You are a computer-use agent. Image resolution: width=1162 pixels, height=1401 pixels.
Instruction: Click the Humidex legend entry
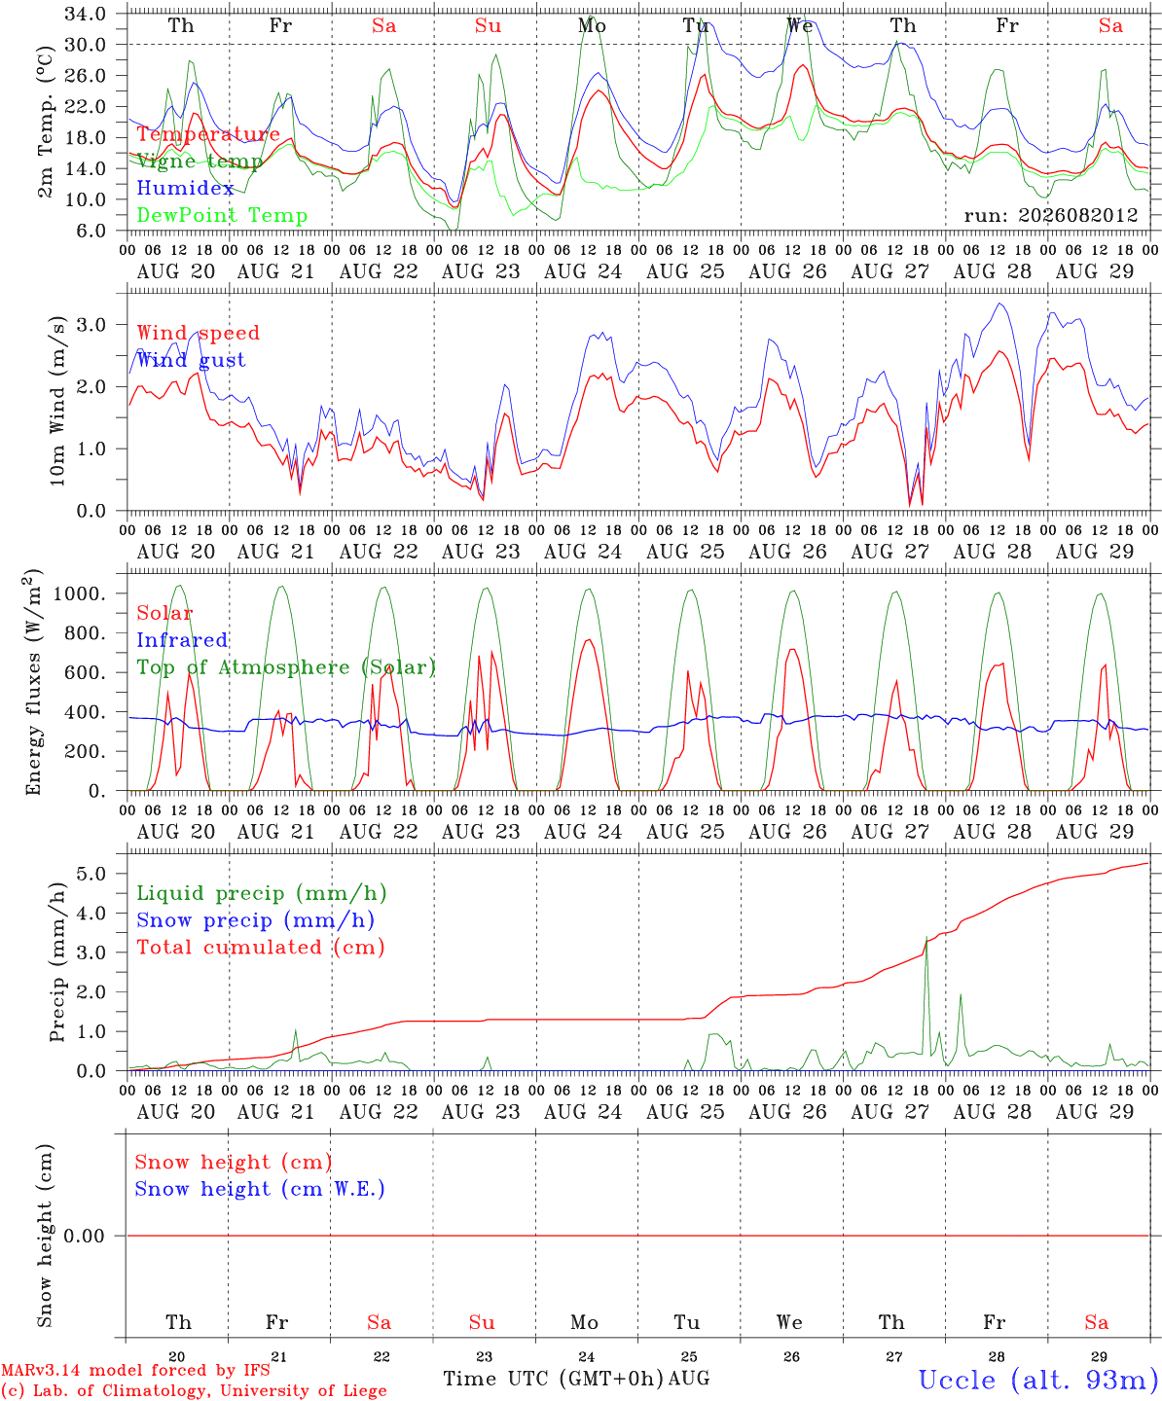[185, 188]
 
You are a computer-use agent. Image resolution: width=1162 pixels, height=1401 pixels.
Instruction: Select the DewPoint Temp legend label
[222, 215]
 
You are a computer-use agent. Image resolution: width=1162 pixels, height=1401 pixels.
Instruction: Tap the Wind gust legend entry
[192, 360]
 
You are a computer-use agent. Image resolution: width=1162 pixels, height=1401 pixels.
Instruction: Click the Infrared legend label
[182, 640]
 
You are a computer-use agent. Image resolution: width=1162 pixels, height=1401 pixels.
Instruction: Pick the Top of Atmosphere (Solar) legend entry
[287, 667]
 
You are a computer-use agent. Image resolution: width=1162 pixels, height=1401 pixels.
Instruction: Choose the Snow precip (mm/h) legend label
[255, 920]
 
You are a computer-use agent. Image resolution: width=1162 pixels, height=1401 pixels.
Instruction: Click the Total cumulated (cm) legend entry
[261, 948]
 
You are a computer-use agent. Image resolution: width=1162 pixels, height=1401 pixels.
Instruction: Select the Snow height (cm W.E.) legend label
[260, 1189]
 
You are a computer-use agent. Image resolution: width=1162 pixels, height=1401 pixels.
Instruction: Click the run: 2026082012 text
[1051, 215]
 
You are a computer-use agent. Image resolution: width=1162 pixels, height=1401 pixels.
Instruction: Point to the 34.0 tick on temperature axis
[86, 14]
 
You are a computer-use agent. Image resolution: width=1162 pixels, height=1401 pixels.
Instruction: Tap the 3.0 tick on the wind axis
[91, 325]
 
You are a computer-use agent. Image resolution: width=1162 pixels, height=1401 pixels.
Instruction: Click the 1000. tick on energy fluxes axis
[80, 593]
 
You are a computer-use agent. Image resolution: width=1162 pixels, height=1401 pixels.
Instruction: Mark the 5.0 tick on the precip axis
[91, 874]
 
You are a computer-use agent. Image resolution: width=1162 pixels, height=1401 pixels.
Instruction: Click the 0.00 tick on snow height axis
[84, 1236]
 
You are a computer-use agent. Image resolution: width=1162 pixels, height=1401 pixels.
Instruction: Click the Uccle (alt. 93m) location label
[1039, 1380]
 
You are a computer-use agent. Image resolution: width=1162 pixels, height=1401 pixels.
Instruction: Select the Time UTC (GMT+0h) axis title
[554, 1379]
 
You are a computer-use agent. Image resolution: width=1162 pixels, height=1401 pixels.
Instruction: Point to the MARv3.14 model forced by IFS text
[135, 1370]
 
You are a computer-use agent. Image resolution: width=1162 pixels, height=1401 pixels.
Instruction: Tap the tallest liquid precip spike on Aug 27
[927, 937]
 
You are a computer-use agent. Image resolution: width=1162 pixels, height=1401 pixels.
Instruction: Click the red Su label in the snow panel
[482, 1322]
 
